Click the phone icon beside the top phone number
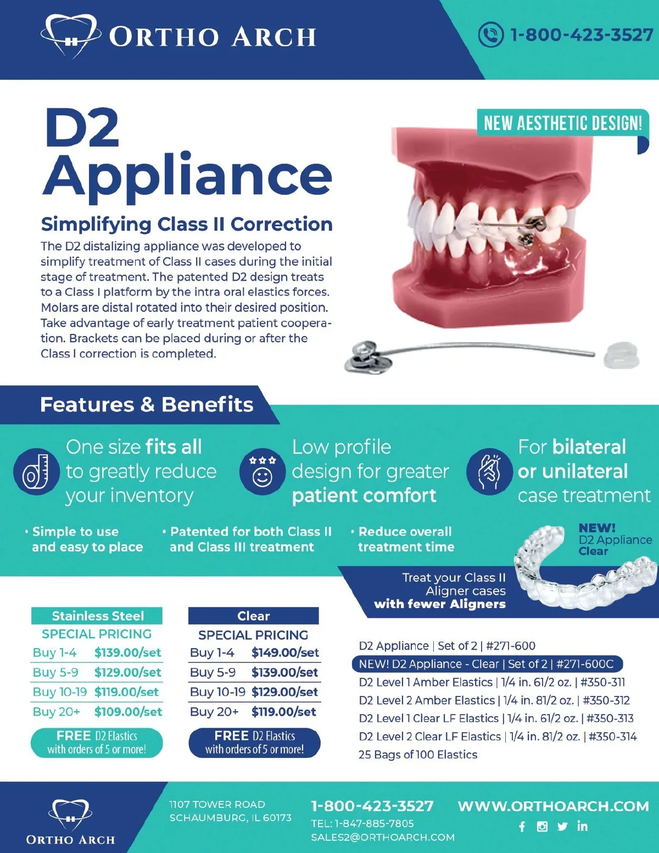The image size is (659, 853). (490, 35)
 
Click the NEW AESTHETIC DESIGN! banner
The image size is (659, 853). (562, 123)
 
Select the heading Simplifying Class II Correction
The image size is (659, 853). (187, 224)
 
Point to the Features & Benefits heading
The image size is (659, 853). (147, 405)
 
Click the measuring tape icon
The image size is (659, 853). (36, 471)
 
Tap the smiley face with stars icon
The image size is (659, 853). (262, 471)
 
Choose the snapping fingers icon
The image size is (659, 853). (489, 471)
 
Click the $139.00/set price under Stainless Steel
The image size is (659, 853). (127, 653)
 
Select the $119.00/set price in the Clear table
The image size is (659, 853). (283, 712)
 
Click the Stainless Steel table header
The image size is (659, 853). (97, 616)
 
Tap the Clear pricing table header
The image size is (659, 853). (253, 616)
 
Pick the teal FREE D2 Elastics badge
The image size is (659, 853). (97, 743)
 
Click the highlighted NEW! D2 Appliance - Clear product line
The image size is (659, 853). (487, 664)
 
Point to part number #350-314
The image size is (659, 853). (612, 737)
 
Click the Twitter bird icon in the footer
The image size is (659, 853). (562, 827)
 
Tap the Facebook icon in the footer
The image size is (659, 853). (522, 827)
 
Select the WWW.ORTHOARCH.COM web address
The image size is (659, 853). (553, 806)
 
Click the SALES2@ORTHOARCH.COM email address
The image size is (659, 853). (383, 838)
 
